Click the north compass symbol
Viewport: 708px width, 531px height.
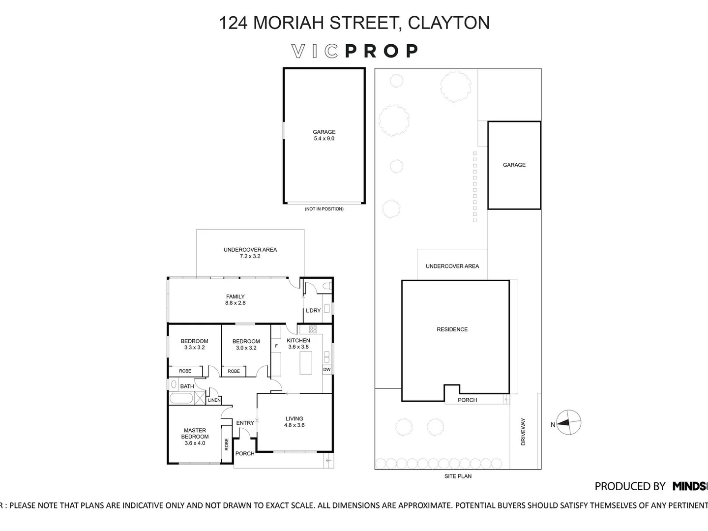click(x=569, y=422)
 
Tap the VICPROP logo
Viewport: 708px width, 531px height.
click(x=354, y=51)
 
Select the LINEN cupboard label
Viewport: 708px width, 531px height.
click(x=214, y=400)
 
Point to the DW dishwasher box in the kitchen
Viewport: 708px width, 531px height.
click(x=327, y=370)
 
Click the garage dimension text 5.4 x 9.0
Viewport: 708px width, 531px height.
click(x=324, y=139)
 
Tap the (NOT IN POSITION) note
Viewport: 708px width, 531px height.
click(x=324, y=209)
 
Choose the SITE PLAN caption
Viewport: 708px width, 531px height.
click(x=458, y=476)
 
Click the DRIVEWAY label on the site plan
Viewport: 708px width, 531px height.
click(x=523, y=432)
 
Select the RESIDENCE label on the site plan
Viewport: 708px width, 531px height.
click(x=452, y=329)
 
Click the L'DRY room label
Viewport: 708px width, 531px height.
click(x=313, y=311)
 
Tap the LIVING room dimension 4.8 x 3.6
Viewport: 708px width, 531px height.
click(x=295, y=425)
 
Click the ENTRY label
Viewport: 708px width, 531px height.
click(x=245, y=423)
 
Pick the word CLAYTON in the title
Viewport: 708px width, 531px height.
click(x=449, y=23)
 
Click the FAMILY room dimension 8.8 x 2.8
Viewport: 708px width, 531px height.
click(x=236, y=303)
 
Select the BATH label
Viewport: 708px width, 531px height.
click(x=187, y=386)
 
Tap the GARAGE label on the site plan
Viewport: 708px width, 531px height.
click(x=514, y=165)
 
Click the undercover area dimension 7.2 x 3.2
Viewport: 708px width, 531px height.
click(x=250, y=256)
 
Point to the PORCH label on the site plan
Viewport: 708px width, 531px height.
click(x=467, y=400)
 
